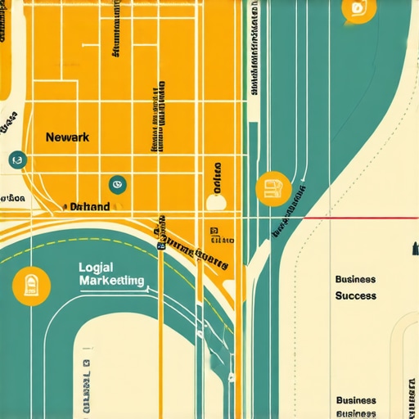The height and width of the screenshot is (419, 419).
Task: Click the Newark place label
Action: pos(67,137)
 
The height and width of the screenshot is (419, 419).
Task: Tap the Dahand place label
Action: pos(90,207)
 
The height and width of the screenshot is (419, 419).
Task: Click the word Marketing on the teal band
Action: pos(112,281)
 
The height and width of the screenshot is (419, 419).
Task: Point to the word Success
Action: pos(356,295)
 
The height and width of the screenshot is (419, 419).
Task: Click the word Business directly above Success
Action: pos(356,279)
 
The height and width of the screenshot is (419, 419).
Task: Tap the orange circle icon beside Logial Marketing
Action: pos(31,286)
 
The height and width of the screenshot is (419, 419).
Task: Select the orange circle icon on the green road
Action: pos(273,191)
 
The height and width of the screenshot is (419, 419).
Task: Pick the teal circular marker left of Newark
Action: pos(15,160)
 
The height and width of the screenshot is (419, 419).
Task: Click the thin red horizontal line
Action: pos(368,219)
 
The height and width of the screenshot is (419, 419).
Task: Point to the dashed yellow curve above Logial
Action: pos(49,252)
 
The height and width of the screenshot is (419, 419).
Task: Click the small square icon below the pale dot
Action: pos(214,232)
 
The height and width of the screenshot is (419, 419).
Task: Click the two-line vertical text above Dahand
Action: pos(156,119)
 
